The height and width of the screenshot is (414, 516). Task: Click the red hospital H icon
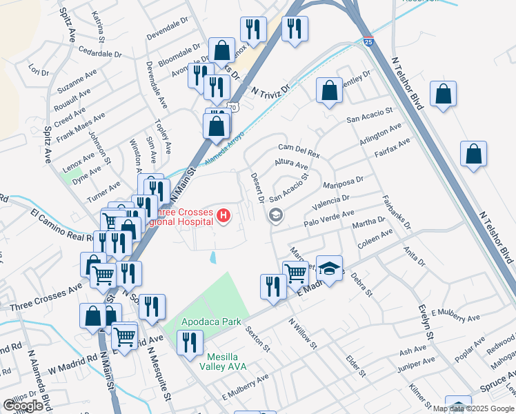click(224, 216)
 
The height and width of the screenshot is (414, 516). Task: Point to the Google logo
click(23, 406)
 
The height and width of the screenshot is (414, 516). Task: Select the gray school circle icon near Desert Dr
click(276, 216)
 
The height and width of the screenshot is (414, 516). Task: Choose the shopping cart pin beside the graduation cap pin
click(296, 271)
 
